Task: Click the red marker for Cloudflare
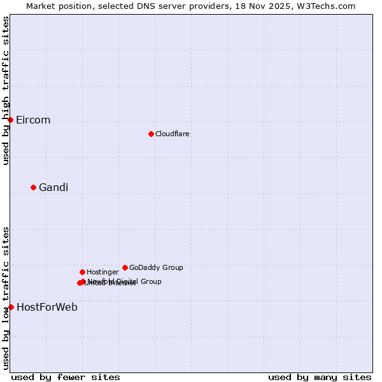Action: [151, 134]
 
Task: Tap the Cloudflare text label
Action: [173, 134]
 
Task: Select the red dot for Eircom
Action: [10, 120]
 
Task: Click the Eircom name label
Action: [33, 120]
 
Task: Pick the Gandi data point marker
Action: [33, 187]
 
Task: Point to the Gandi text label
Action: [53, 187]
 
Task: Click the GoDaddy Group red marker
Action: [125, 267]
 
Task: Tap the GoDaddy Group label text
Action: [156, 267]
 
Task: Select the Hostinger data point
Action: [82, 272]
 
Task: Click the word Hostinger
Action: [103, 272]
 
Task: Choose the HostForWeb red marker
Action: [11, 307]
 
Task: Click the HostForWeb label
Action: [47, 308]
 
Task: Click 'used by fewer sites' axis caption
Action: [66, 377]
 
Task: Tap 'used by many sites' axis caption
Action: [320, 377]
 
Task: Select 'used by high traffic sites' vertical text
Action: [6, 90]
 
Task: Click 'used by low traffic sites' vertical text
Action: [6, 298]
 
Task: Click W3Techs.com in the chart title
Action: [329, 6]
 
